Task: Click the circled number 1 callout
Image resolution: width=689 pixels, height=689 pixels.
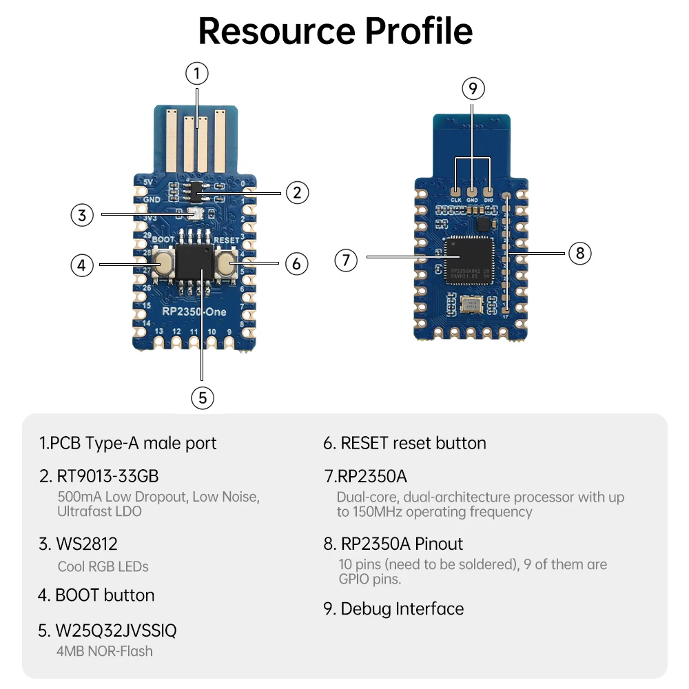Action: pos(197,73)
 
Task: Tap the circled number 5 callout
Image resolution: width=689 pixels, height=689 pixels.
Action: pos(202,398)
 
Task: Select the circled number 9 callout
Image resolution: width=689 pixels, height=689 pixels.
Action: pos(473,88)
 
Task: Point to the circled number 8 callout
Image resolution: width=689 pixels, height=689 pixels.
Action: pos(579,253)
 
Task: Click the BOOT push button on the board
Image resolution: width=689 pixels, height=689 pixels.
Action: pos(164,264)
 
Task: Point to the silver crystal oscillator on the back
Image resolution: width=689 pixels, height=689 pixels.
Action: pos(473,303)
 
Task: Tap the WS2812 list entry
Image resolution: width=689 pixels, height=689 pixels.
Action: pos(78,544)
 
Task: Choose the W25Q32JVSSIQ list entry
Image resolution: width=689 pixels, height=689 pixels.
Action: pos(117,630)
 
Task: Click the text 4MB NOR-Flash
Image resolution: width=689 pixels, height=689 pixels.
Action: pos(105,651)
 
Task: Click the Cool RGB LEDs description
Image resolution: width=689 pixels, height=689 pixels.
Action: pos(103,566)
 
